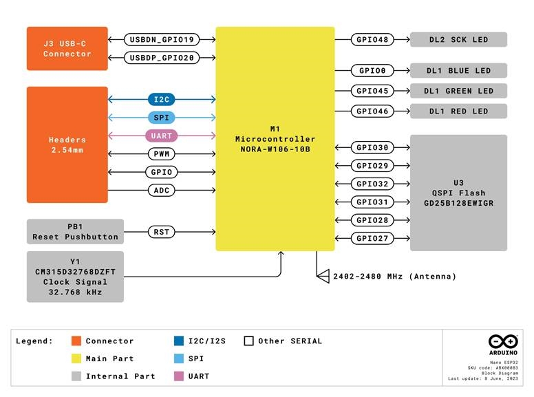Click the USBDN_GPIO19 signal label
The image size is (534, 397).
tap(162, 39)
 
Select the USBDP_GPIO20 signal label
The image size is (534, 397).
tap(162, 58)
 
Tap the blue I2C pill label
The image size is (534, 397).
tap(162, 100)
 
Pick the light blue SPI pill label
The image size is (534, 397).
tap(162, 118)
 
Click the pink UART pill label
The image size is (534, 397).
tap(162, 136)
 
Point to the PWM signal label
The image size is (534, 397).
tap(162, 154)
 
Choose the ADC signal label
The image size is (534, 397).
tap(162, 190)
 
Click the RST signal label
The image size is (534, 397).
tap(162, 232)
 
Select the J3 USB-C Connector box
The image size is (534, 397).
tap(67, 48)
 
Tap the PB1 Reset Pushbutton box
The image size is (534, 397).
tap(75, 231)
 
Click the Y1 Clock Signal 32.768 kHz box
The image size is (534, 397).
tap(75, 277)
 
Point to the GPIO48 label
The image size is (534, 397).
tap(372, 39)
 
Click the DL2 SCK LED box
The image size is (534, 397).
tap(458, 39)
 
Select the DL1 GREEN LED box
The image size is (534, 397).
tap(458, 91)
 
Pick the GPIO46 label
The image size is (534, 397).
tap(372, 111)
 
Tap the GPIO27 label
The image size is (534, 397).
tap(372, 238)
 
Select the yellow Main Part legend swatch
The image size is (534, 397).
tap(76, 358)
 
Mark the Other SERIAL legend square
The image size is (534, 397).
tap(249, 341)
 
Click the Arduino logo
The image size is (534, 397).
tap(502, 342)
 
